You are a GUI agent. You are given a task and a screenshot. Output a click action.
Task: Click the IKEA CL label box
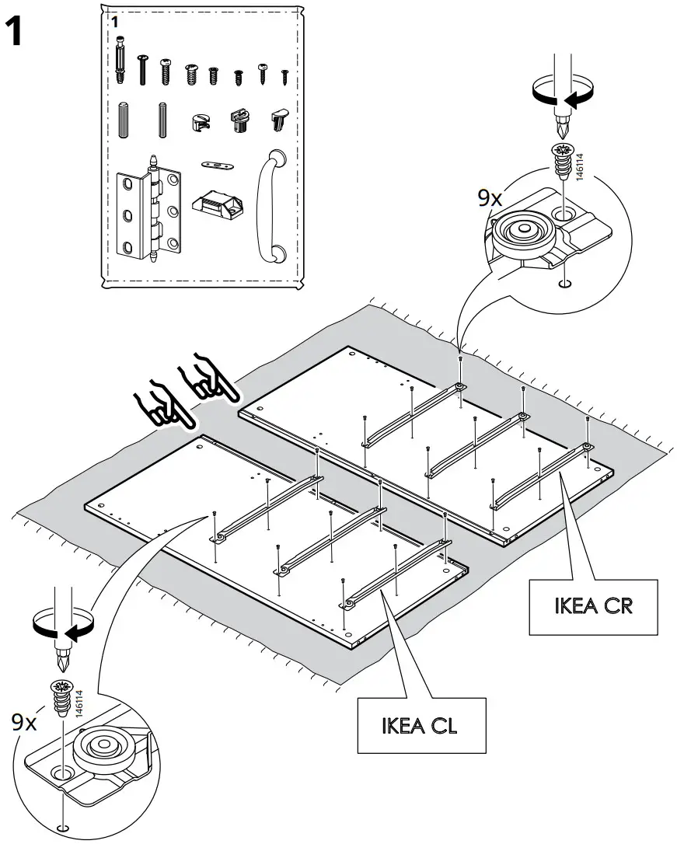coord(420,726)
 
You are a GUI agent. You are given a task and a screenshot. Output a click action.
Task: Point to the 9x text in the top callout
coord(490,199)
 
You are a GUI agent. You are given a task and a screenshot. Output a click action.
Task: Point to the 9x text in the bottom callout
coord(24,722)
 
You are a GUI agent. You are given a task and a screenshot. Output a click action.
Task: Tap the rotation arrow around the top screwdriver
coord(560,95)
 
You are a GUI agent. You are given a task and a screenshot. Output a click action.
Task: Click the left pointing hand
coord(164,401)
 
